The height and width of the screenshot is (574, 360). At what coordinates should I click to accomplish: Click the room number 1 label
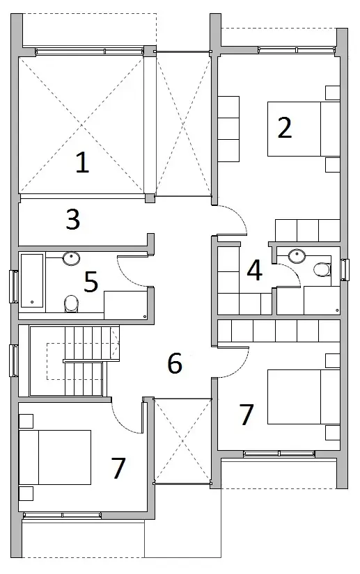tap(82, 163)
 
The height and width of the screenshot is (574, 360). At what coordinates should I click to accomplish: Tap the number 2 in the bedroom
tap(285, 128)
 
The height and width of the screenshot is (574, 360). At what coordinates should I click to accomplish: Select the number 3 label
tap(73, 219)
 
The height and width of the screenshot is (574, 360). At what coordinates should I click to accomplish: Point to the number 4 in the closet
tap(255, 270)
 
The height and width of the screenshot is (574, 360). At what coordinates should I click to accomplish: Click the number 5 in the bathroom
tap(91, 282)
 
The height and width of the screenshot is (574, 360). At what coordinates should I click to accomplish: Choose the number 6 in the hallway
tap(175, 363)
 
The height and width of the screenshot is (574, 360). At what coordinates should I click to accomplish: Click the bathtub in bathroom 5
tap(32, 281)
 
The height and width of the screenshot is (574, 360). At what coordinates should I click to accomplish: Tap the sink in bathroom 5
tap(71, 258)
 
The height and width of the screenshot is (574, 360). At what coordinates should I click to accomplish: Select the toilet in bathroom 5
tap(72, 304)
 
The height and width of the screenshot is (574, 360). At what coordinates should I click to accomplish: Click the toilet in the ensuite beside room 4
tap(322, 269)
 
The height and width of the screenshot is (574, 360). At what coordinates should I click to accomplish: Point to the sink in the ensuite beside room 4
tap(297, 255)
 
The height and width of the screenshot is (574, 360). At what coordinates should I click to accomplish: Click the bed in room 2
tap(304, 129)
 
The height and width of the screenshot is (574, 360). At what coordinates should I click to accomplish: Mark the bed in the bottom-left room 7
tap(54, 457)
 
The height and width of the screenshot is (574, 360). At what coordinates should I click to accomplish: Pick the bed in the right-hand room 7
tap(304, 397)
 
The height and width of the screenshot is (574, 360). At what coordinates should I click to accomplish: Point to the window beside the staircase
tap(14, 360)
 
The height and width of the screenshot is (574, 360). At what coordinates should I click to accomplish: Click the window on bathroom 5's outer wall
tap(14, 287)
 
